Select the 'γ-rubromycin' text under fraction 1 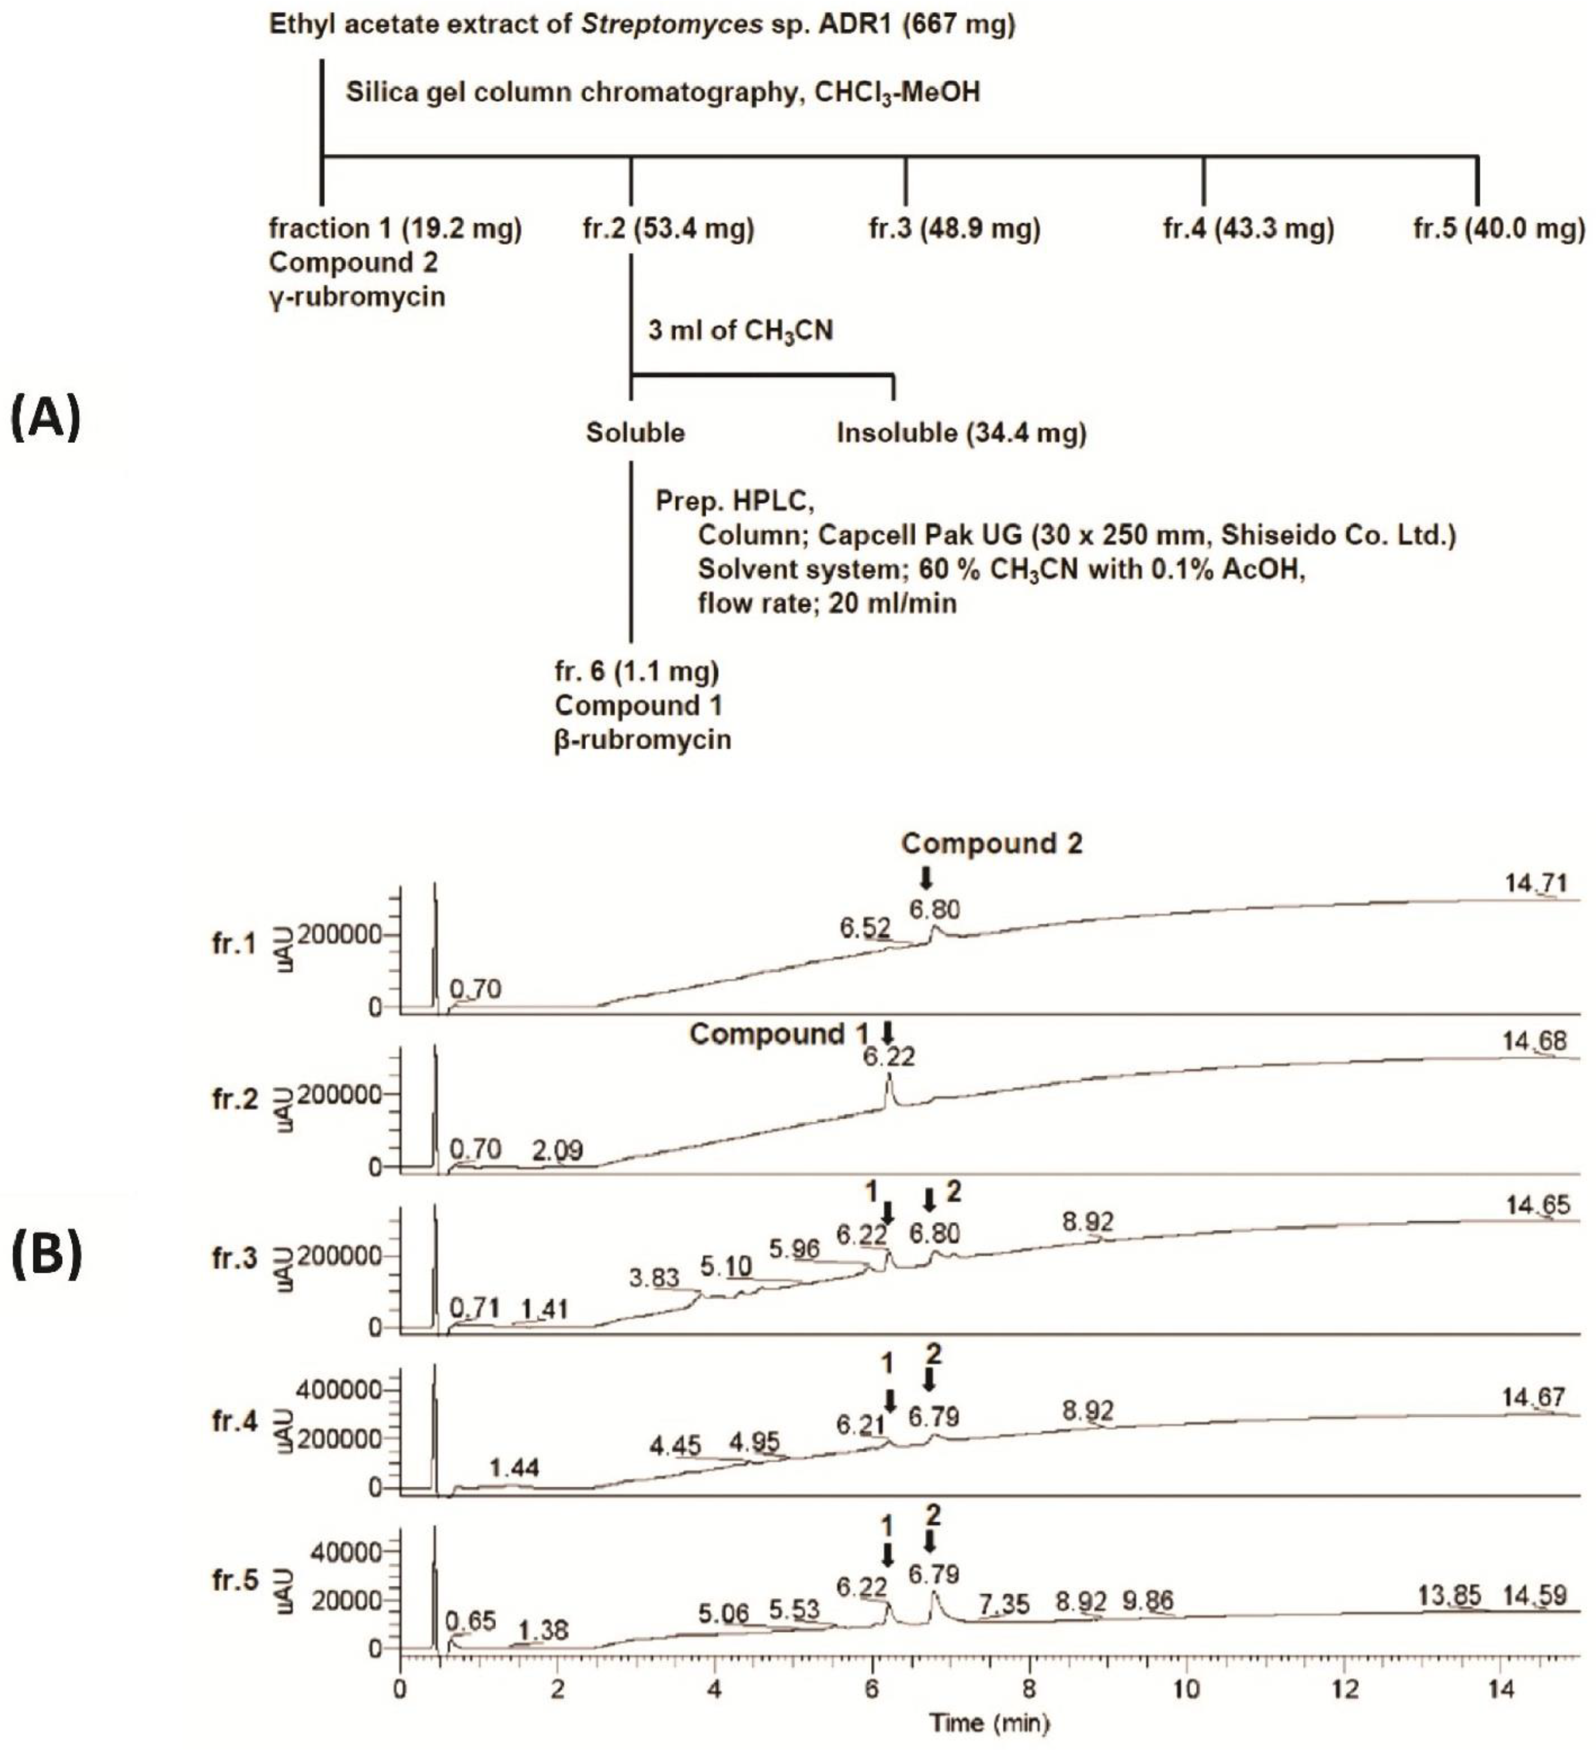[356, 297]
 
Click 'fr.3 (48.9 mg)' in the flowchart [954, 230]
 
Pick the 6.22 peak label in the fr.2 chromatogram [888, 1058]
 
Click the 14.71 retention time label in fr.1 [1536, 884]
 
